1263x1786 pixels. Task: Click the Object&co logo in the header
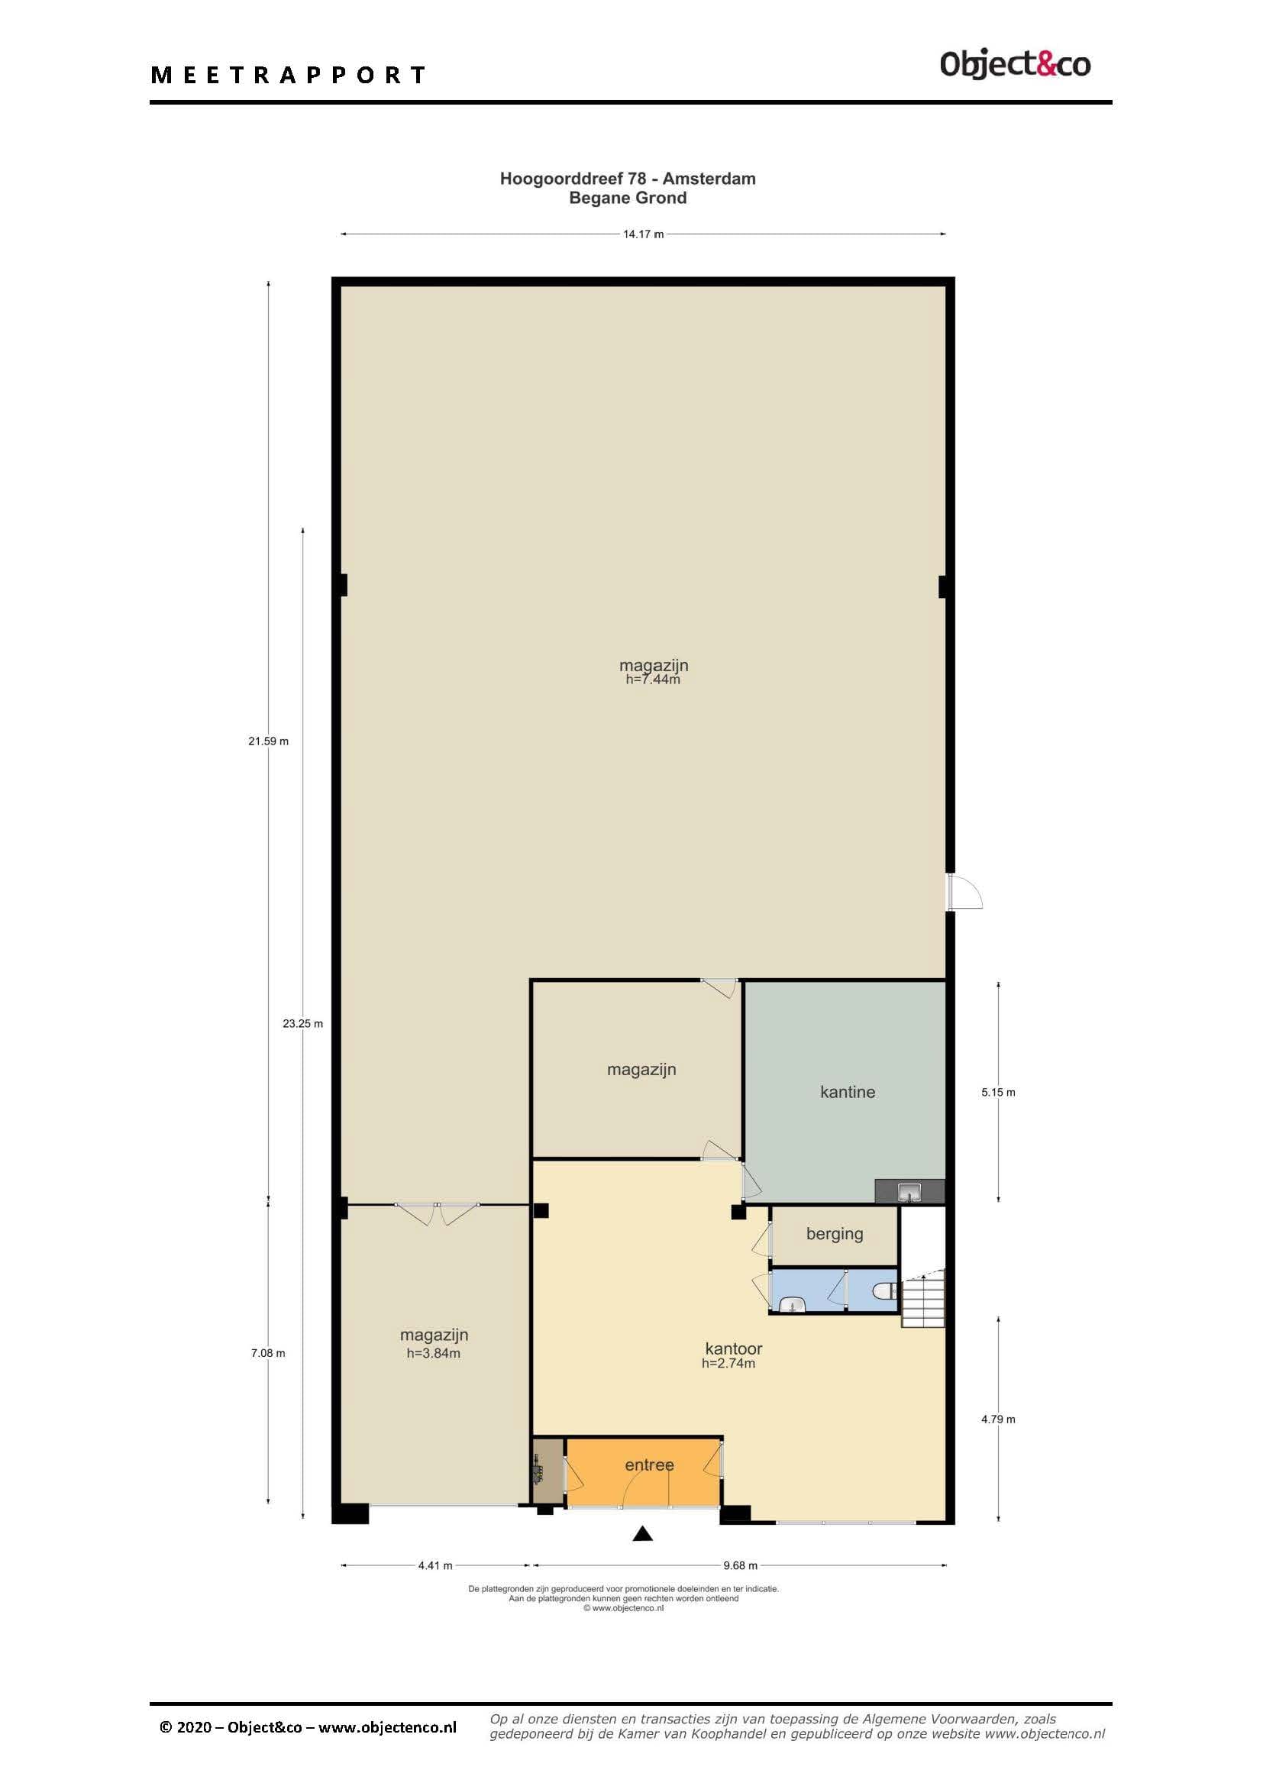(x=1015, y=64)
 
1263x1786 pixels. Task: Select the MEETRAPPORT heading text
(x=288, y=75)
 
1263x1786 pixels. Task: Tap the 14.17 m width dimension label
(x=643, y=234)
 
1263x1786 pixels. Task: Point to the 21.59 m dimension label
(x=268, y=741)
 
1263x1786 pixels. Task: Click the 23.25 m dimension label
(x=302, y=1024)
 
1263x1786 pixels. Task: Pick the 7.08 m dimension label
(x=268, y=1353)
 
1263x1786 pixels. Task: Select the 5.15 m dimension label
(x=998, y=1092)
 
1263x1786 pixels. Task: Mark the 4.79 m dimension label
(x=998, y=1419)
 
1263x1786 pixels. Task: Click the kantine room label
(x=848, y=1091)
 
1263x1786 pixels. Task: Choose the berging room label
(x=835, y=1234)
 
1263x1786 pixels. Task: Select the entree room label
(x=649, y=1465)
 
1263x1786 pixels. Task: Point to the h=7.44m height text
(x=654, y=679)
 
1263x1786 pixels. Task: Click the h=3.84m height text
(x=433, y=1354)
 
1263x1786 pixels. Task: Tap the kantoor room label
(x=733, y=1348)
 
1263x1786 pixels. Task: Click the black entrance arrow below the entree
(x=642, y=1533)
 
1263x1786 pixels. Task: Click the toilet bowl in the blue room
(x=883, y=1292)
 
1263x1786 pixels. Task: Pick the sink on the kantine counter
(x=909, y=1191)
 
